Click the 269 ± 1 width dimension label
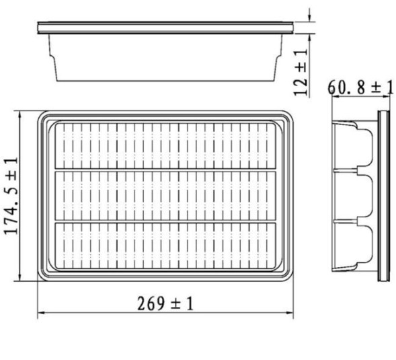tap(165, 303)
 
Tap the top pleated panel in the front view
tap(165, 145)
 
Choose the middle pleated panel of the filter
tap(165, 196)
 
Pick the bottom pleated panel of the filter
tap(165, 247)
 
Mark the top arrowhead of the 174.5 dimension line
tap(21, 114)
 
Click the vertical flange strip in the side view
tap(384, 195)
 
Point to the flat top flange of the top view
tap(165, 28)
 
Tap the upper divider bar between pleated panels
tap(165, 170)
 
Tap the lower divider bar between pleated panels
tap(165, 222)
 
